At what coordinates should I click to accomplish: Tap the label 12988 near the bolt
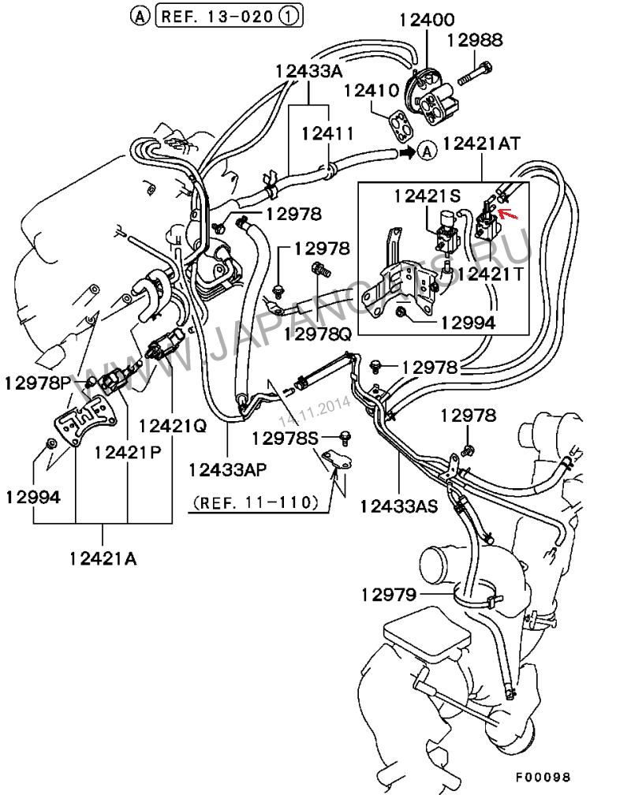[x=475, y=40]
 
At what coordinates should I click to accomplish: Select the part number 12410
[x=369, y=91]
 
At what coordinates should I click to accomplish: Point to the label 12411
[x=326, y=134]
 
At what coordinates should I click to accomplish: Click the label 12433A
[x=309, y=71]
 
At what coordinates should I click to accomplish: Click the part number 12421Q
[x=172, y=425]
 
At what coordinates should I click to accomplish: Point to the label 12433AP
[x=228, y=469]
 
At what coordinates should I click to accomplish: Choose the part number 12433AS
[x=398, y=506]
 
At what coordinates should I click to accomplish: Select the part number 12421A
[x=103, y=558]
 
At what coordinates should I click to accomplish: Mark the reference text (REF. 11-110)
[x=254, y=502]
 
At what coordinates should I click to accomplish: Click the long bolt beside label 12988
[x=474, y=74]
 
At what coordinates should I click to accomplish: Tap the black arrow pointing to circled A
[x=405, y=150]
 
